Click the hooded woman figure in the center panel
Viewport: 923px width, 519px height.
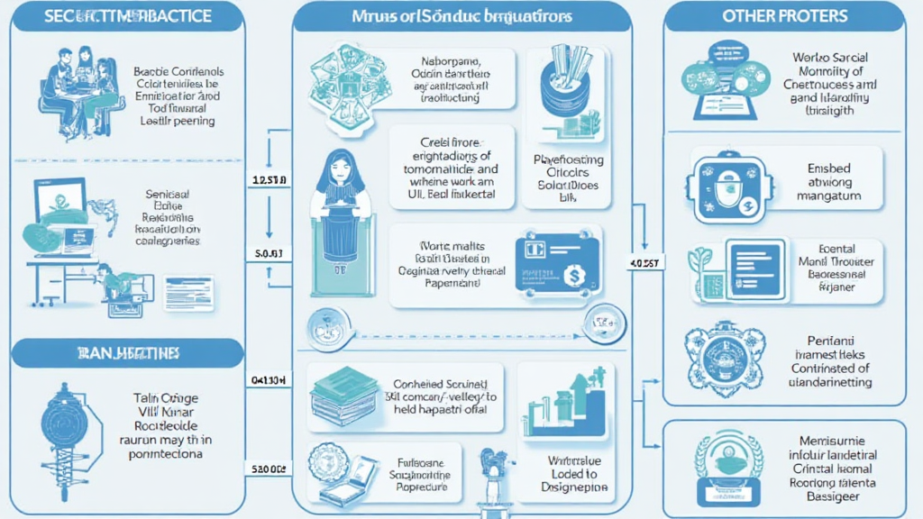tap(341, 216)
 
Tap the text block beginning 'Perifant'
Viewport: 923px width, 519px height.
tap(830, 361)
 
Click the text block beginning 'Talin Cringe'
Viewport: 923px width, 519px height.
tap(167, 425)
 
